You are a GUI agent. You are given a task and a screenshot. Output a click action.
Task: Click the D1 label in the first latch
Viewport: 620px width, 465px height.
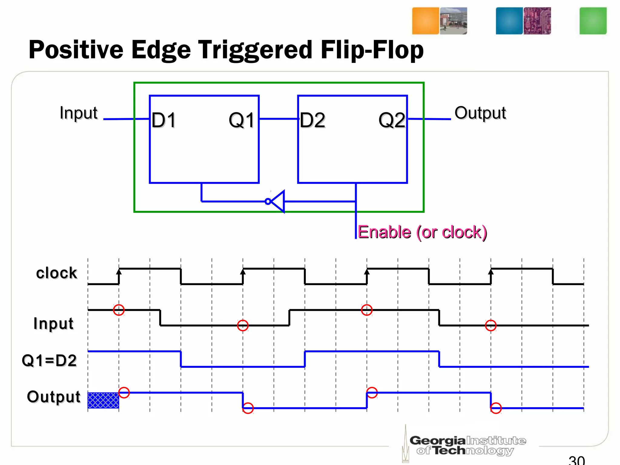point(164,120)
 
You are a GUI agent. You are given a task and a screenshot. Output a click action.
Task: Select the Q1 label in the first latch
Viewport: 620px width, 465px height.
point(242,120)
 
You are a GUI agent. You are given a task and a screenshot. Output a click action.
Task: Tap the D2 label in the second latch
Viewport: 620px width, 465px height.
point(312,120)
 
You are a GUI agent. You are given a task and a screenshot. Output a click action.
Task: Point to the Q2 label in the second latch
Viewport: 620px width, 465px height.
point(392,120)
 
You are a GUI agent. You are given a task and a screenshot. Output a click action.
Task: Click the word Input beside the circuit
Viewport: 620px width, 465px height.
point(79,113)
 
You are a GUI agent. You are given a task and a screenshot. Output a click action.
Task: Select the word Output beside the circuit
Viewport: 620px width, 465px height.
point(480,113)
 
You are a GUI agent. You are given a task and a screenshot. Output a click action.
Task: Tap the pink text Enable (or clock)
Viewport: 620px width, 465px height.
point(422,232)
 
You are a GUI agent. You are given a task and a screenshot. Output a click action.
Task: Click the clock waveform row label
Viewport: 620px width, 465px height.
point(57,273)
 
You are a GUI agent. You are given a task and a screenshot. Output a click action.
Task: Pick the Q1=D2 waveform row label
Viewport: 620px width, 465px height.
point(49,361)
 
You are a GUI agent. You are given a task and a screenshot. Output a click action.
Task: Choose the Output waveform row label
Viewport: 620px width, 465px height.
point(54,397)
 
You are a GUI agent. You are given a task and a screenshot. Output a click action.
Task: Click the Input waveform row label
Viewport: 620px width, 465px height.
point(53,323)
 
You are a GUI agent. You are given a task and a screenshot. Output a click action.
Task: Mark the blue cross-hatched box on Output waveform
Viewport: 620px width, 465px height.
point(103,400)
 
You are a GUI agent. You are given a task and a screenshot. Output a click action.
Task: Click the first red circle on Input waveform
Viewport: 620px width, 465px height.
point(119,310)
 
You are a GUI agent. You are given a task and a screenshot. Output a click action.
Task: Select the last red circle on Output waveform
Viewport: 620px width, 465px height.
point(496,408)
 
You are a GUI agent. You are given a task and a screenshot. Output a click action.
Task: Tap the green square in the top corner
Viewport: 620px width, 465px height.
point(593,21)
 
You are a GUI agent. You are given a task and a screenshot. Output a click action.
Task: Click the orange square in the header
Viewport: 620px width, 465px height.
point(425,21)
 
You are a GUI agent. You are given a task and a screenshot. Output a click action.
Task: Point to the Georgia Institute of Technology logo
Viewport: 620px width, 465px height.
point(466,445)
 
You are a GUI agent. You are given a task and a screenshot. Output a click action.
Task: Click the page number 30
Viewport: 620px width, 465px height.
point(577,460)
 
